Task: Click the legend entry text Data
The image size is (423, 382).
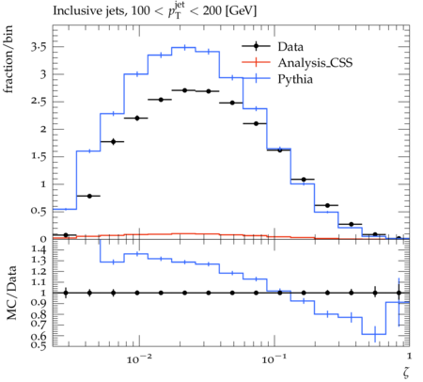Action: [x=290, y=47]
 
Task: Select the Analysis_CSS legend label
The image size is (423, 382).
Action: [x=315, y=63]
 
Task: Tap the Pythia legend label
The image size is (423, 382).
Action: [x=295, y=79]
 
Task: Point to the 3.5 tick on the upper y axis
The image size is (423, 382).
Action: [x=39, y=47]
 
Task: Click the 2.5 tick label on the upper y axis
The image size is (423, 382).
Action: [x=39, y=102]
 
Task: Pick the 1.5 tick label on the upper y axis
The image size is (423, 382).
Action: [x=39, y=156]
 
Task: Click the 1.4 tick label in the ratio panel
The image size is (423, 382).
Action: [x=39, y=249]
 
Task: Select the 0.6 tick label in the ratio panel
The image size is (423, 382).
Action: [x=39, y=337]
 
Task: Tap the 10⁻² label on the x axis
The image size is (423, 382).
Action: [x=139, y=358]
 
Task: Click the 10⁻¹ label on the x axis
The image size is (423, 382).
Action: [x=274, y=358]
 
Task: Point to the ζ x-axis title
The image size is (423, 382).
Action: [x=406, y=373]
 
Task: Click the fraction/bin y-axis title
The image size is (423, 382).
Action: [x=8, y=59]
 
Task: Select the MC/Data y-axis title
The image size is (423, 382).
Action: [x=11, y=293]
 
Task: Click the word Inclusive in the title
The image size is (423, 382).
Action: [x=73, y=11]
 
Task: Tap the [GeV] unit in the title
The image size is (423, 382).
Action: [x=241, y=11]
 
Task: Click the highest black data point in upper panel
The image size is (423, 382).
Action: [x=184, y=90]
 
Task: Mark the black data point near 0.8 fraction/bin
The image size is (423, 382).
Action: [x=89, y=196]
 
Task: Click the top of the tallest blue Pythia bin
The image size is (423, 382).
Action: [x=183, y=48]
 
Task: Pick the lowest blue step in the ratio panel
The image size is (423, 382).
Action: [x=374, y=334]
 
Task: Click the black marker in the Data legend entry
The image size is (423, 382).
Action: [x=257, y=46]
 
